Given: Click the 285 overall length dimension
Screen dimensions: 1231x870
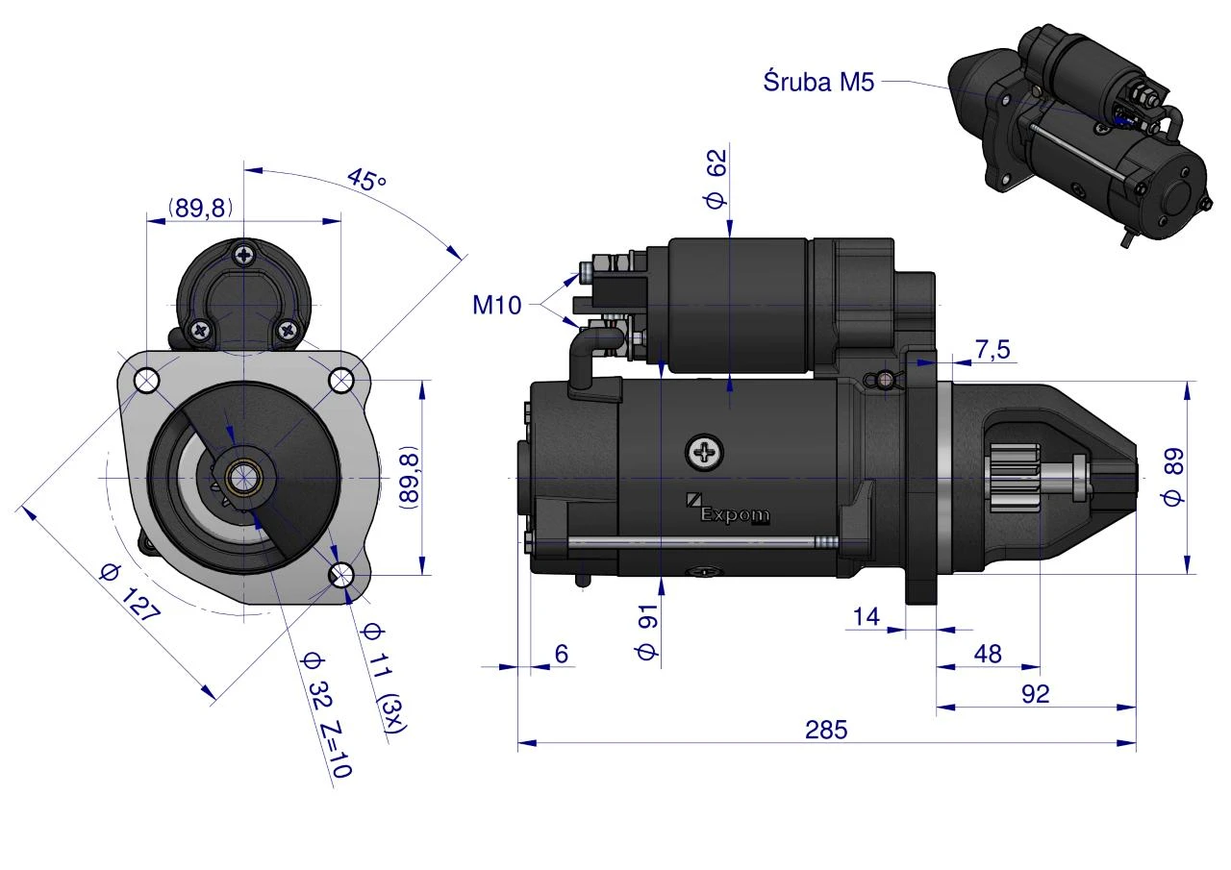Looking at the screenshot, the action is (x=826, y=730).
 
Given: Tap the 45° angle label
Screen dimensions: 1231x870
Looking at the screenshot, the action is (x=366, y=179).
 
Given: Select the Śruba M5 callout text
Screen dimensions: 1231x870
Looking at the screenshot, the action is (x=818, y=82).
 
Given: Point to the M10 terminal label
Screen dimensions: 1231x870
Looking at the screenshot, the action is (x=497, y=305).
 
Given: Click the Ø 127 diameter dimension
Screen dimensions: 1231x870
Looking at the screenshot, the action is (x=130, y=593).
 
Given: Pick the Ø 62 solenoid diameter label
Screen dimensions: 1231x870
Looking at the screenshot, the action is (x=716, y=179).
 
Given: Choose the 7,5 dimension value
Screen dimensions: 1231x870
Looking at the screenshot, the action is (x=992, y=349).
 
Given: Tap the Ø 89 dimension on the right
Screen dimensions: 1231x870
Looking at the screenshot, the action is (x=1172, y=477).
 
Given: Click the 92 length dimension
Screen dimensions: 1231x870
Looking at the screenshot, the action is (x=1036, y=694).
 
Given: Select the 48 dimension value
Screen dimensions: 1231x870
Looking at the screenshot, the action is (x=988, y=654).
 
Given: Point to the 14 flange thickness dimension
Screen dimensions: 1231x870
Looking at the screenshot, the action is (x=867, y=617).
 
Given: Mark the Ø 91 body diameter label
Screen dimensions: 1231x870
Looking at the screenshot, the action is (x=647, y=632).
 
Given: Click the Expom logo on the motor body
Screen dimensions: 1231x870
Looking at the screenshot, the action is (x=728, y=510).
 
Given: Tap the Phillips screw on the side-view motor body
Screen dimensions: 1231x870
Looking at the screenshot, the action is (x=704, y=453).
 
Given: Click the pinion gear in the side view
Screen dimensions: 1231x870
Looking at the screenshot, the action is (x=1017, y=477).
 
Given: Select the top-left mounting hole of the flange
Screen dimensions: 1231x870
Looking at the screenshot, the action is (x=147, y=380).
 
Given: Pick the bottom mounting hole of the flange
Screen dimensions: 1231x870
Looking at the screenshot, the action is (x=341, y=575).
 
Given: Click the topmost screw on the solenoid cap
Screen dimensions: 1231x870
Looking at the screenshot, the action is (x=244, y=255).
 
